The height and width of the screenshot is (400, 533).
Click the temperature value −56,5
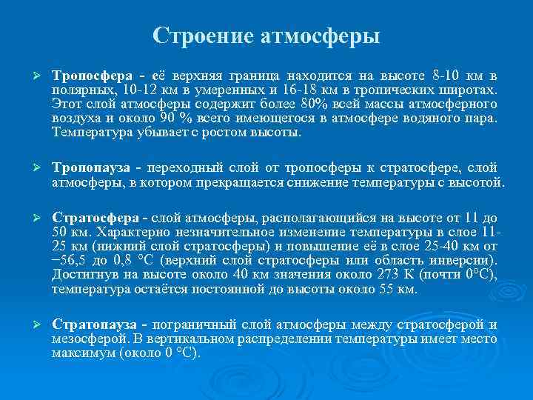point(70,261)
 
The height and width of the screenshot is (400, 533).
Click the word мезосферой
point(83,339)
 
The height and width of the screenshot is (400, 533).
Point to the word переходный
point(191,167)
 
